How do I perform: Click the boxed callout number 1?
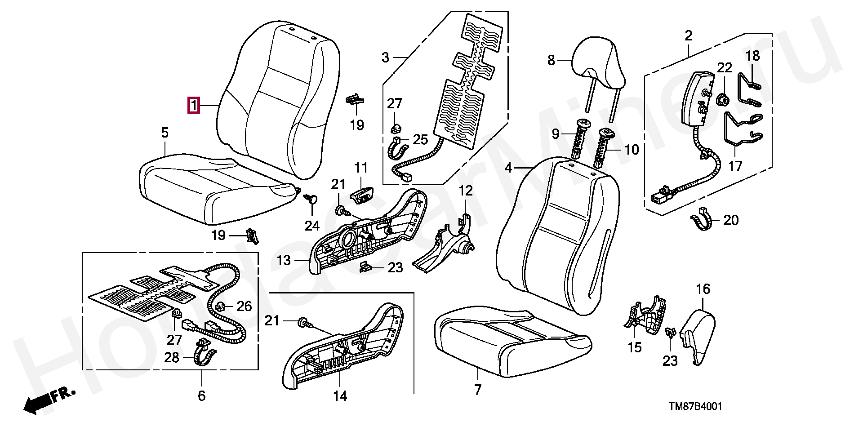[x=194, y=106]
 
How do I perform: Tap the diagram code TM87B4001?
[x=695, y=406]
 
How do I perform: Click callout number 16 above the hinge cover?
[x=703, y=289]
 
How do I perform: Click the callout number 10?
[x=632, y=150]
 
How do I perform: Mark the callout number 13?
[x=284, y=260]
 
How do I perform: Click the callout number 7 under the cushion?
[x=478, y=389]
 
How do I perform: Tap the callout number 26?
[x=244, y=307]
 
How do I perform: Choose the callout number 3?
[x=385, y=58]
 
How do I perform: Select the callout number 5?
[x=165, y=133]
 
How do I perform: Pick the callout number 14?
[x=340, y=396]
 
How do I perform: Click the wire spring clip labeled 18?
[x=749, y=90]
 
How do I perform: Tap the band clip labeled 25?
[x=398, y=148]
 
